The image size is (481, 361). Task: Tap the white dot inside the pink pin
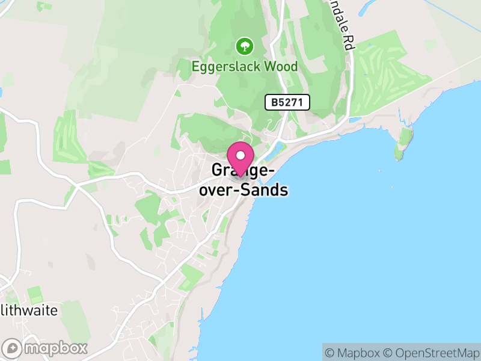click(240, 155)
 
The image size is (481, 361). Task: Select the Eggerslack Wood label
click(245, 66)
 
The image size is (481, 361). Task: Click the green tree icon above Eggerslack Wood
click(244, 46)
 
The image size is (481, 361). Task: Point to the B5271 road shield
click(287, 102)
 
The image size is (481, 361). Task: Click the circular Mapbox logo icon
click(13, 348)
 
